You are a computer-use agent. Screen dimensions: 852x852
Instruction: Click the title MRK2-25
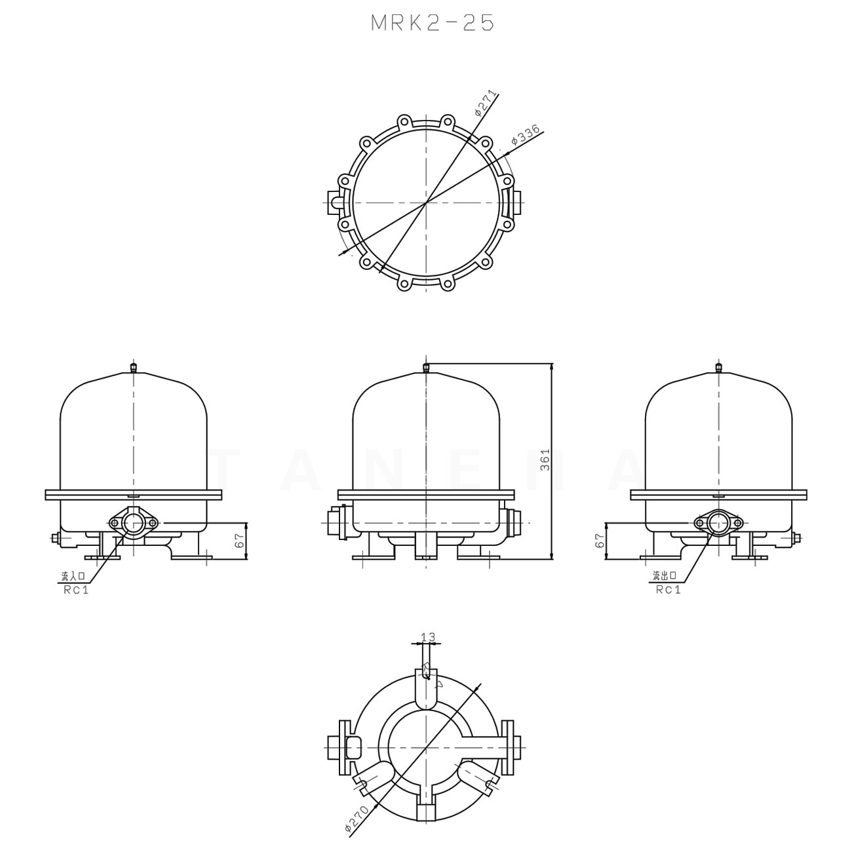tap(432, 23)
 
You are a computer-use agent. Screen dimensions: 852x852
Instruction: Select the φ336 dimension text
tap(525, 134)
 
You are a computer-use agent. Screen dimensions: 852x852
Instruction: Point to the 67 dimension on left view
tap(239, 541)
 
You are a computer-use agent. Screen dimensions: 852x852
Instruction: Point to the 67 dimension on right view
tap(598, 541)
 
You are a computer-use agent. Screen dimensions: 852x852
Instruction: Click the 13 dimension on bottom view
tap(427, 637)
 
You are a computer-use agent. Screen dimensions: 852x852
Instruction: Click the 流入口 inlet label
tap(73, 577)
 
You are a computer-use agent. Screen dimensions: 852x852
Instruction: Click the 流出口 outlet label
tap(667, 577)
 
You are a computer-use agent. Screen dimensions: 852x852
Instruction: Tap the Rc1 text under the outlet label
tap(668, 590)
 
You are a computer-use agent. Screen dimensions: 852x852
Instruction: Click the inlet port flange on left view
tap(134, 523)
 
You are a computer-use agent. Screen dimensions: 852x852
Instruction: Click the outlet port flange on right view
tap(719, 523)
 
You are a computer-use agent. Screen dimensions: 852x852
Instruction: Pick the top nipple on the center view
tap(426, 368)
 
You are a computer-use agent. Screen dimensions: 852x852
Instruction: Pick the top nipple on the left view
tap(134, 368)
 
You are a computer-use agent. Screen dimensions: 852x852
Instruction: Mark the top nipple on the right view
tap(719, 368)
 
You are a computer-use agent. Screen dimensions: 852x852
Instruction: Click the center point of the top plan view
tap(427, 203)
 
